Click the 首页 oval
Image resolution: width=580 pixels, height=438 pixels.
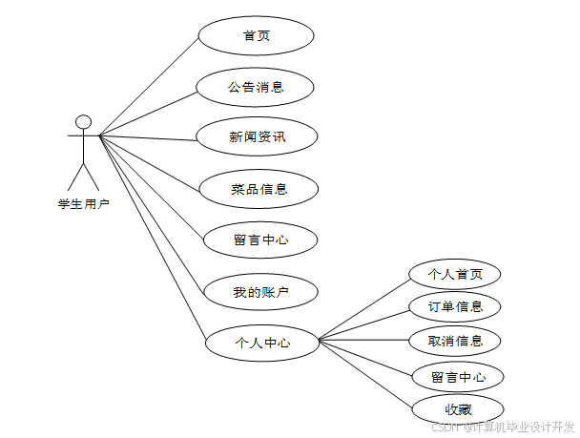pos(256,35)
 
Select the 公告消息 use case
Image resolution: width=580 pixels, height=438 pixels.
pos(256,87)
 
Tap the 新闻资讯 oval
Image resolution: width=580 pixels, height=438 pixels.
pos(257,136)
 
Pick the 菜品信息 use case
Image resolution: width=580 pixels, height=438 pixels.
pos(259,188)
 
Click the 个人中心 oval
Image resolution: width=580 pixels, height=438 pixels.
pos(262,342)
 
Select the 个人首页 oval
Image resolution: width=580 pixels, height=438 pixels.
pos(455,274)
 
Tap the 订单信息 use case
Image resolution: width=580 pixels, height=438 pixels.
pos(455,306)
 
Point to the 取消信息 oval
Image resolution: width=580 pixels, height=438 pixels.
pos(456,340)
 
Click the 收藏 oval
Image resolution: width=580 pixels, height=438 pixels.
pos(458,408)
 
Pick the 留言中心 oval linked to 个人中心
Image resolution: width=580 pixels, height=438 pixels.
pos(458,376)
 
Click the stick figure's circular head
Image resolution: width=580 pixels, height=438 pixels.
pos(84,121)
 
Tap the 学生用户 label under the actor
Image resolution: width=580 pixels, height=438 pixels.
pos(84,202)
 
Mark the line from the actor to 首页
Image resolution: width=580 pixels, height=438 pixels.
pos(148,86)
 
